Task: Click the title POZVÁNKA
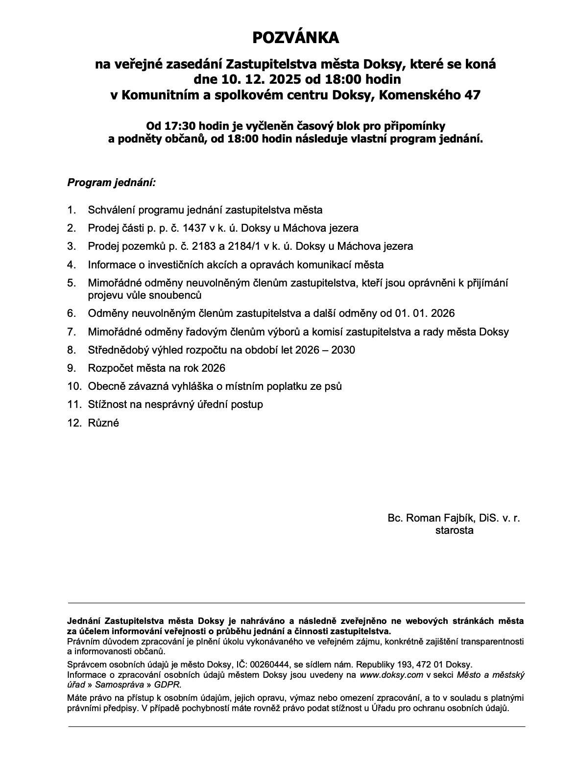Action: (x=295, y=38)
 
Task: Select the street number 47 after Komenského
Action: (x=473, y=95)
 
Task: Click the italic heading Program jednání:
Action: (x=111, y=183)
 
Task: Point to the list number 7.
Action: (x=72, y=332)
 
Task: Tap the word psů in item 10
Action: (x=333, y=386)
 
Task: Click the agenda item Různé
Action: (x=103, y=423)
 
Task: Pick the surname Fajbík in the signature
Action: (x=456, y=518)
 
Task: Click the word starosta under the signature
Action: (x=454, y=530)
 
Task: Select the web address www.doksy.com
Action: (x=391, y=674)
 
